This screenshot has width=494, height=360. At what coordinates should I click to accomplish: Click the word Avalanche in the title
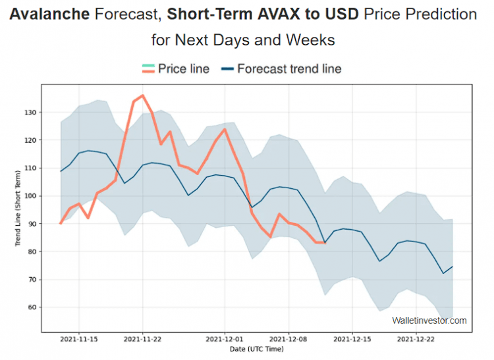(51, 14)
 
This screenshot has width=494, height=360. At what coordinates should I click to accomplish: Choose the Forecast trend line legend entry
(289, 68)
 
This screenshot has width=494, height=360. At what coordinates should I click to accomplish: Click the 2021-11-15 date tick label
(79, 340)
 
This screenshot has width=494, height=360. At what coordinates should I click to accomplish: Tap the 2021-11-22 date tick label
(143, 340)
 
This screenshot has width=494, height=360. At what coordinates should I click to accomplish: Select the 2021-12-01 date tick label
(225, 340)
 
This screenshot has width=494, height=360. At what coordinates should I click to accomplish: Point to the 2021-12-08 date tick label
(288, 340)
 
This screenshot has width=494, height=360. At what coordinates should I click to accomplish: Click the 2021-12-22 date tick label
(416, 340)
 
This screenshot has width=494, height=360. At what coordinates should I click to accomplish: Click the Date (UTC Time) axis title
(257, 349)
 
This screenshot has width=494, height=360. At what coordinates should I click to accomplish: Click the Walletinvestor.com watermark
(429, 321)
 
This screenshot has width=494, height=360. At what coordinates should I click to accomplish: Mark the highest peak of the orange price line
(143, 95)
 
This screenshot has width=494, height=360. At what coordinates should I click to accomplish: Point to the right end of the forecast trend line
(453, 266)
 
